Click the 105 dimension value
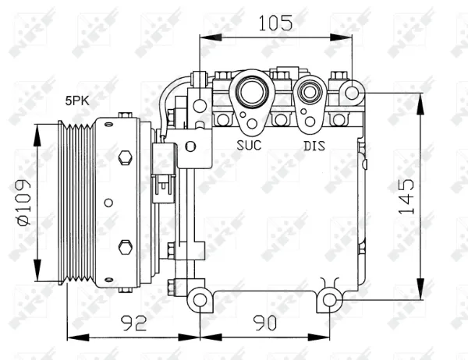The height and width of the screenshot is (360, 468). [275, 23]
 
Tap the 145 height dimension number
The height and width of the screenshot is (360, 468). [406, 197]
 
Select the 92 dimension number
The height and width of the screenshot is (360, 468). [133, 323]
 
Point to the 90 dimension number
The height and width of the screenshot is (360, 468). [264, 323]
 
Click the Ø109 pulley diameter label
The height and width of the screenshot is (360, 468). [23, 202]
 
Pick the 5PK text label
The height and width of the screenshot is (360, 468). [77, 101]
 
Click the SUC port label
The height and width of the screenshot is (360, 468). [249, 145]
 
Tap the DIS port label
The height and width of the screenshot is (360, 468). [314, 146]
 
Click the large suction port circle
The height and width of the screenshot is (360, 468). [252, 92]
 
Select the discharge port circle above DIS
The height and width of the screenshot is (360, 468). [310, 92]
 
